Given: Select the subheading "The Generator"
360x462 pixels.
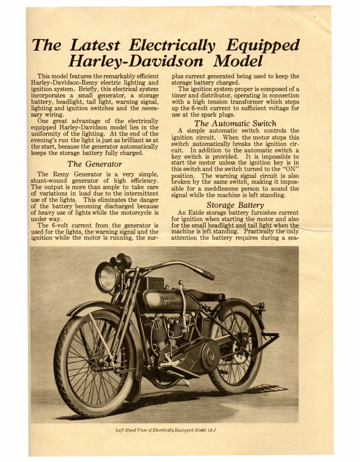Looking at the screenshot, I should point(94,164).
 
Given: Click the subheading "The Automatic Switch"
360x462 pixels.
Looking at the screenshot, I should point(235,124).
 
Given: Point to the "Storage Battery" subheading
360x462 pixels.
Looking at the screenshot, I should point(235,205).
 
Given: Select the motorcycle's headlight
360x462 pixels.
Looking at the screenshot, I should point(107,278).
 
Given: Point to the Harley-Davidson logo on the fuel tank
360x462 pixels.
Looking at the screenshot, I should point(171,302).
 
